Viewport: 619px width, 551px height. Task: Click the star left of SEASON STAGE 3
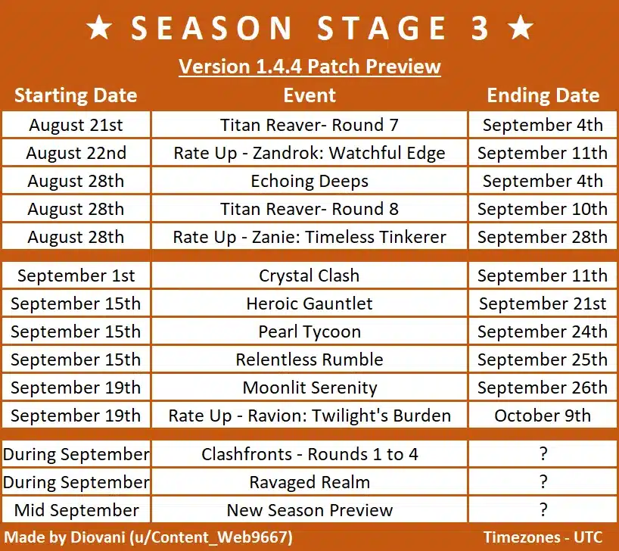(x=99, y=27)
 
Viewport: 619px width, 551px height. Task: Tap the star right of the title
(x=520, y=27)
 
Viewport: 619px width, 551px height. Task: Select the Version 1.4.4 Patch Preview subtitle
(x=309, y=67)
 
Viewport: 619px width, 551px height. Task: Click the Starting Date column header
(x=76, y=95)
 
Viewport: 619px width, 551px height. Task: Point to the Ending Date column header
(x=543, y=95)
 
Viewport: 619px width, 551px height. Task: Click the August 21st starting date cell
(x=76, y=125)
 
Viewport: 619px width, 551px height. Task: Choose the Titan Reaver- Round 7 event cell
(x=309, y=125)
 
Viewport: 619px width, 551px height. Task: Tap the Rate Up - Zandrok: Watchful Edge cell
(x=309, y=153)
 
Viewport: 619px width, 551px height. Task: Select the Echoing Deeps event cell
(x=309, y=181)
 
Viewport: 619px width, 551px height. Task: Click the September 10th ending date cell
(x=543, y=209)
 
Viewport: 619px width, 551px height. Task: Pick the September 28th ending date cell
(x=543, y=237)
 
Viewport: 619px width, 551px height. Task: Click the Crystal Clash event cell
(x=309, y=275)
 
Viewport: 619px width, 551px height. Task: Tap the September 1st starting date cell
(x=76, y=275)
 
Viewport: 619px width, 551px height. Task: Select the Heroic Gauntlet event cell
(x=309, y=304)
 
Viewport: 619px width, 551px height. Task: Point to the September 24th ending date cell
(x=543, y=332)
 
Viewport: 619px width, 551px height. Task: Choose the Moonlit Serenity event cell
(x=309, y=388)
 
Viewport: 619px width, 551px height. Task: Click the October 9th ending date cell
(x=543, y=416)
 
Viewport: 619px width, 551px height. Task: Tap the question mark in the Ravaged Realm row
(x=543, y=482)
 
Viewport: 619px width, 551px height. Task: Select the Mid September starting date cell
(x=76, y=510)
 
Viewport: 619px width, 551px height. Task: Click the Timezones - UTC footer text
(x=543, y=537)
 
